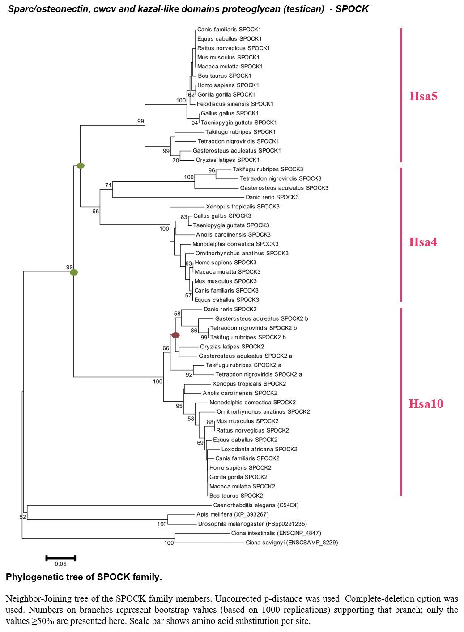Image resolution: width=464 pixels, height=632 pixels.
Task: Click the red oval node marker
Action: [x=175, y=335]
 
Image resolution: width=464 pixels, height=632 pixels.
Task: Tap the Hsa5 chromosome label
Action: [x=423, y=96]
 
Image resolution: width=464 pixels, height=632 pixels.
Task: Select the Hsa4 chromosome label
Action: [x=423, y=242]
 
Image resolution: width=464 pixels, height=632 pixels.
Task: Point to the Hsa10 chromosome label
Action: [x=426, y=404]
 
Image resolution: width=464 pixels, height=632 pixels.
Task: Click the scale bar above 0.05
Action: [x=61, y=558]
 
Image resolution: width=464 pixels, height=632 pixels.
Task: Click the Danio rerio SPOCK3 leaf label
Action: [x=272, y=197]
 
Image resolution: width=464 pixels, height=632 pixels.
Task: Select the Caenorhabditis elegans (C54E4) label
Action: [x=255, y=505]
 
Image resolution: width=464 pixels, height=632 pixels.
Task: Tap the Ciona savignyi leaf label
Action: [x=292, y=542]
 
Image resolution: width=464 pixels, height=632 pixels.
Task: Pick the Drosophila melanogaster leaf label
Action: [x=252, y=524]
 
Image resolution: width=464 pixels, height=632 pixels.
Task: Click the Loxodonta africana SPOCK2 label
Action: [x=260, y=449]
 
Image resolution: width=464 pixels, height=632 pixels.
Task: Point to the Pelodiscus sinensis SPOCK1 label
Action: [x=235, y=104]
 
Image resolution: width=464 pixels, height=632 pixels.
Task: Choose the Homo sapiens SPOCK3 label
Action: [x=226, y=263]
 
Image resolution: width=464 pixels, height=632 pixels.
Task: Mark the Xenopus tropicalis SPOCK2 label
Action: [x=249, y=384]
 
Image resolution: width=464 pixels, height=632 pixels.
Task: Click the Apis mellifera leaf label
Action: [x=233, y=514]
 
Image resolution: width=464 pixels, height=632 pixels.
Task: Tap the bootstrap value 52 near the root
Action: [x=23, y=517]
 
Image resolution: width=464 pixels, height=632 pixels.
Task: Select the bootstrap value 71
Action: [x=108, y=185]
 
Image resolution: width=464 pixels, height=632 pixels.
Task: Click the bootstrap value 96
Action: [x=212, y=170]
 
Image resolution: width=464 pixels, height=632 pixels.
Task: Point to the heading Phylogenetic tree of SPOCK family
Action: [x=84, y=577]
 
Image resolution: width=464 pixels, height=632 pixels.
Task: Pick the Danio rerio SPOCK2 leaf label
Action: [x=230, y=309]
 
